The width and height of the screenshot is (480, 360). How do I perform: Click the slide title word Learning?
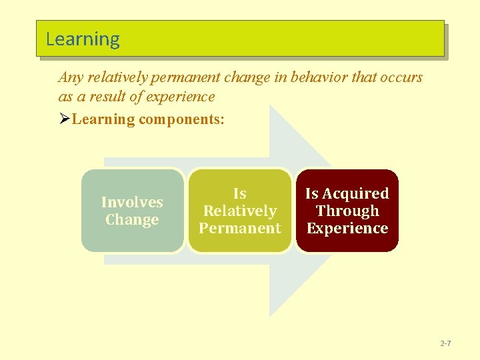pyautogui.click(x=83, y=39)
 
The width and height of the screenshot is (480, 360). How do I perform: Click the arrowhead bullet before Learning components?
pyautogui.click(x=64, y=119)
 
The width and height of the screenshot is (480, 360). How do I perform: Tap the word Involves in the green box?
pyautogui.click(x=132, y=202)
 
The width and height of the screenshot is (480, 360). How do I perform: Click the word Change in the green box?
pyautogui.click(x=132, y=219)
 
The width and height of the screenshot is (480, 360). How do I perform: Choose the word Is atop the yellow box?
pyautogui.click(x=239, y=193)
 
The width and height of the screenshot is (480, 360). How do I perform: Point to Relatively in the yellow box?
pyautogui.click(x=239, y=211)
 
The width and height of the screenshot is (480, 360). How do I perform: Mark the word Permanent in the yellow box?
pyautogui.click(x=239, y=228)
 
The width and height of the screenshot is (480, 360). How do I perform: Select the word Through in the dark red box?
pyautogui.click(x=347, y=211)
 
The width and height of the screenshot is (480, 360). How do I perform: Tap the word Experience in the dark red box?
pyautogui.click(x=347, y=228)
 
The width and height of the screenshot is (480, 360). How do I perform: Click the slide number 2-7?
pyautogui.click(x=445, y=343)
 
